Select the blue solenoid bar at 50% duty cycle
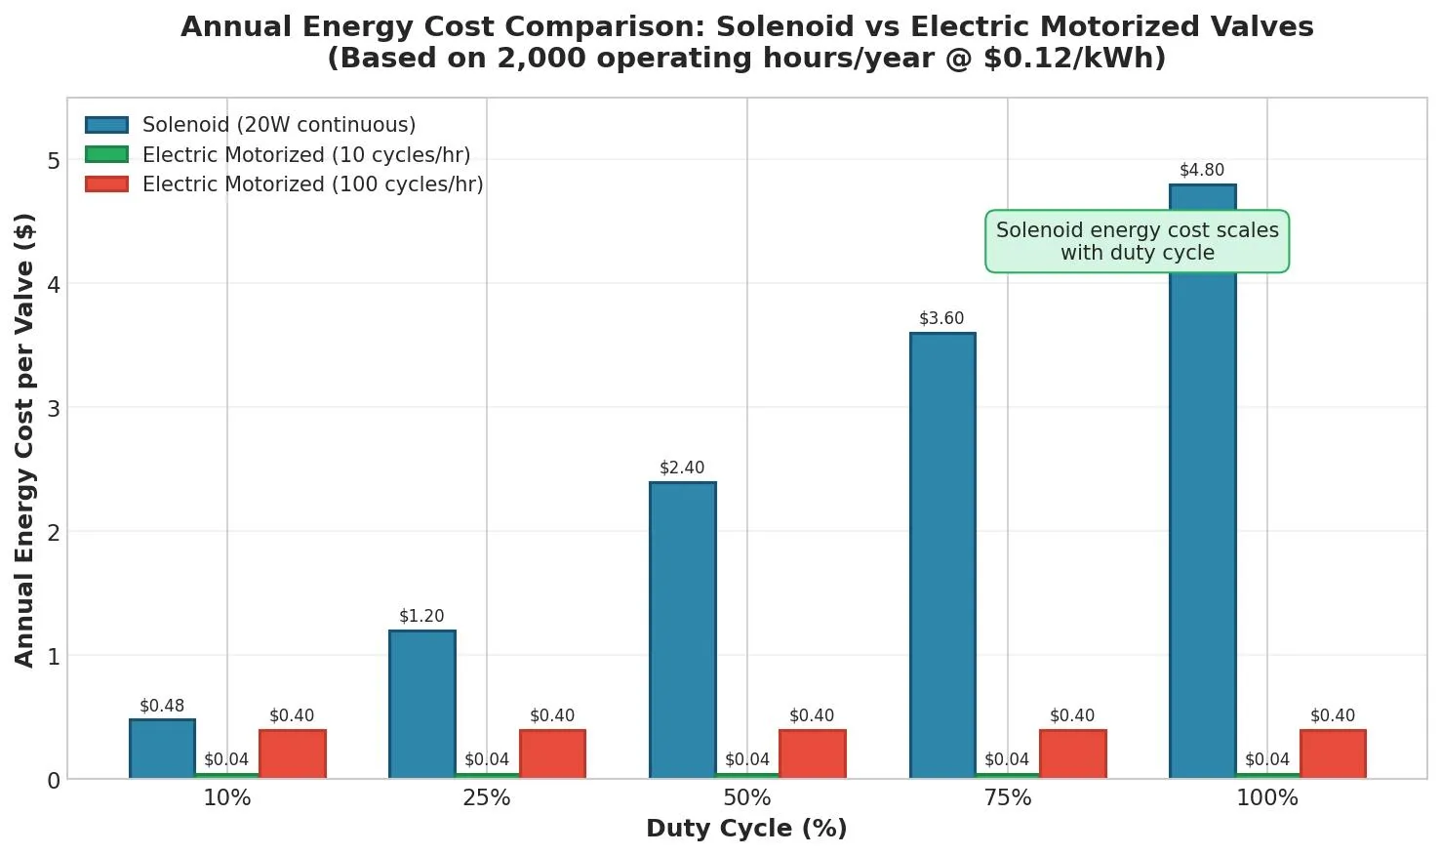682,630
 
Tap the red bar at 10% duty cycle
292,753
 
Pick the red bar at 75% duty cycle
1072,753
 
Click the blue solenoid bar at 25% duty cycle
421,704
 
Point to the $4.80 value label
1201,170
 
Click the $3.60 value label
941,318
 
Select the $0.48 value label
161,706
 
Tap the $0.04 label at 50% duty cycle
746,759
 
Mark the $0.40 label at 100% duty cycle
1332,715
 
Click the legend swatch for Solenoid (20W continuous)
106,125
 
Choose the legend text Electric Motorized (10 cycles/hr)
306,155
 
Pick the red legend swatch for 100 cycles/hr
106,184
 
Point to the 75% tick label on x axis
1007,797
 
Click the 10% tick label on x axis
226,797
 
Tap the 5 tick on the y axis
53,161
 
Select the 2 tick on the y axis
53,532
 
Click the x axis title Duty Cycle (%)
746,829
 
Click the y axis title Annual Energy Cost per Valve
24,439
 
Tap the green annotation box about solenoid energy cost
1137,241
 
